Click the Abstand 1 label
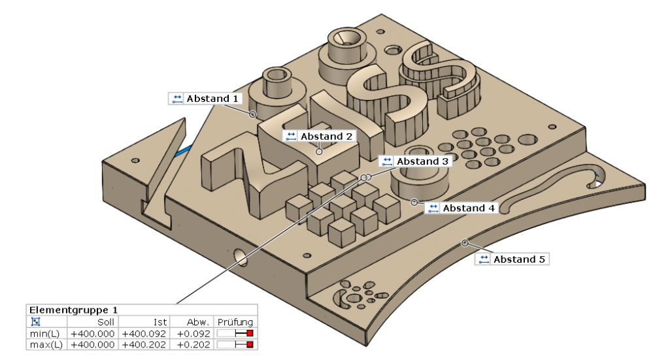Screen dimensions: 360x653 [212, 99]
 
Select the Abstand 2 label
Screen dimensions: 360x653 [326, 136]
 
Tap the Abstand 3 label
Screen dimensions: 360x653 [422, 161]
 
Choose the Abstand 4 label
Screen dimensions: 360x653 [468, 208]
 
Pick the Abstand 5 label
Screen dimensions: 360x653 [519, 259]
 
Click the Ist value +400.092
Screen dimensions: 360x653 [144, 334]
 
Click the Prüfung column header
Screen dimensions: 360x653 [235, 322]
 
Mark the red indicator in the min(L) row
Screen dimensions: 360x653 [250, 334]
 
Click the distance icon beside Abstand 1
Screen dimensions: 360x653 [176, 99]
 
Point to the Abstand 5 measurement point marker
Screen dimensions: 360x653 [465, 243]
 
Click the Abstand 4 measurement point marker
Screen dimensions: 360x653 [414, 203]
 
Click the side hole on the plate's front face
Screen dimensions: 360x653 [239, 255]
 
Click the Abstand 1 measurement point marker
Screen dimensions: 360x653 [252, 114]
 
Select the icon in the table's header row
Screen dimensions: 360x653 [35, 322]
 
